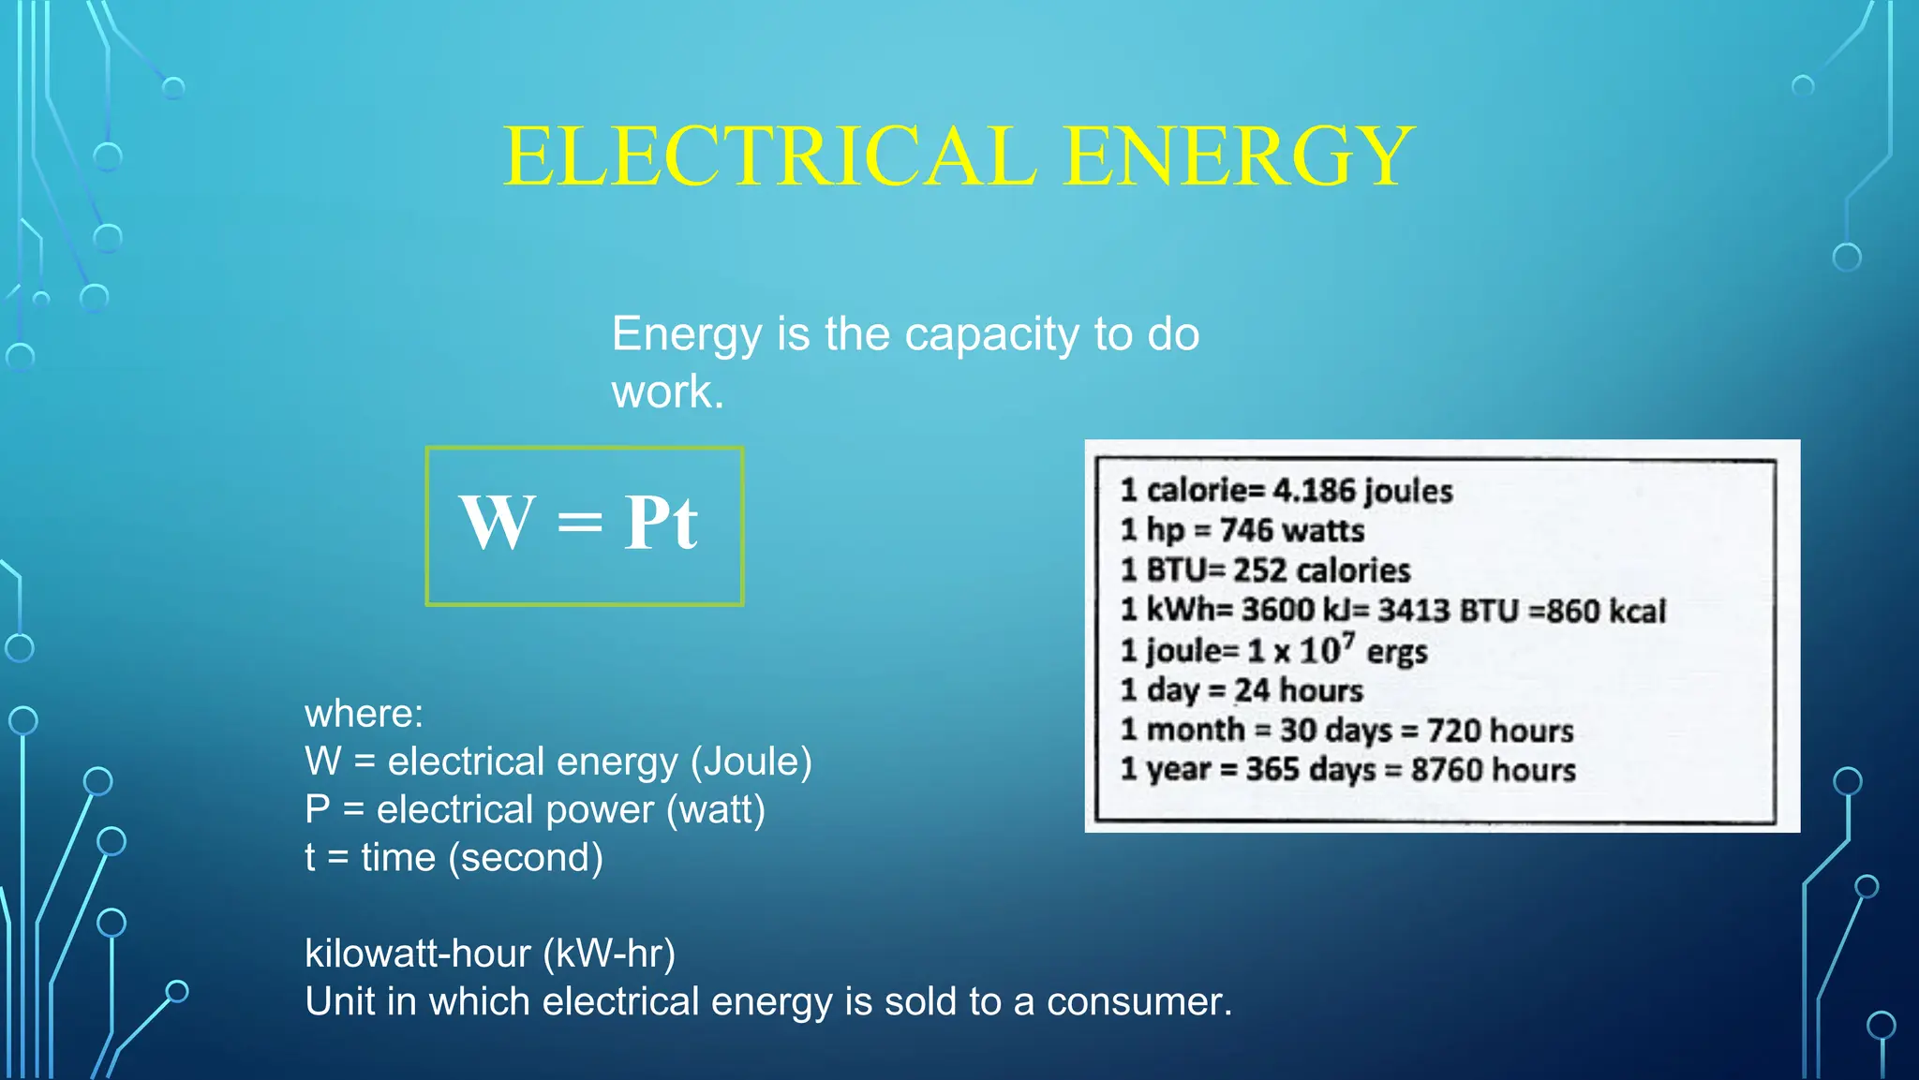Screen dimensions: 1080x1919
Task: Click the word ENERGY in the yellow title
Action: [1239, 156]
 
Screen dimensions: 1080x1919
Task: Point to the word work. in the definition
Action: [667, 392]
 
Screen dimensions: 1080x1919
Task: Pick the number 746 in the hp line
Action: [1245, 530]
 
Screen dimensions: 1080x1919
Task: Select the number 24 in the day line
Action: [1252, 690]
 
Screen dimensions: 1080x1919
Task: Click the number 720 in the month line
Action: [1453, 731]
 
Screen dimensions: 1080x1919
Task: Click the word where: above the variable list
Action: [364, 714]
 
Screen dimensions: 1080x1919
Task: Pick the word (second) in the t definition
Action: [526, 858]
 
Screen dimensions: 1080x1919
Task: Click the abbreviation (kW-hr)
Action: [609, 954]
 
